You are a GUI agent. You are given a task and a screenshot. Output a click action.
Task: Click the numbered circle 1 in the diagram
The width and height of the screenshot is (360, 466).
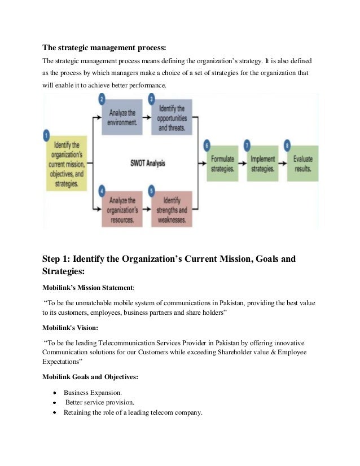47,136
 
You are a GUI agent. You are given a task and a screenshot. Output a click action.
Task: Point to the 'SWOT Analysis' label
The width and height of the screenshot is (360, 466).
148,164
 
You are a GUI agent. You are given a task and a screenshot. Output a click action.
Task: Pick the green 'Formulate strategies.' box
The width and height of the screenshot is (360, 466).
222,164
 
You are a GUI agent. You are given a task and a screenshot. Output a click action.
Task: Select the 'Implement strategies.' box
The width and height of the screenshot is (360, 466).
262,164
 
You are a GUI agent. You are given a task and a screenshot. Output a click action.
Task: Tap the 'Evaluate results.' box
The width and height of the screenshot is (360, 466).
303,164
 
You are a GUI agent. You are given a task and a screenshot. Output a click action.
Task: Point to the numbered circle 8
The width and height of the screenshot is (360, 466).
288,145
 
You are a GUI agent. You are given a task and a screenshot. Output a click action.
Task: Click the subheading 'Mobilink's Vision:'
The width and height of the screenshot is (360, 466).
70,327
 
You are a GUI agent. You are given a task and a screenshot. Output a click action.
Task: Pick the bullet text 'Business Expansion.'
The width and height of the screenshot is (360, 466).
93,392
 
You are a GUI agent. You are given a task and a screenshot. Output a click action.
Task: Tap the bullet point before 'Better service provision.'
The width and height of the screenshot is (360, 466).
54,403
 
